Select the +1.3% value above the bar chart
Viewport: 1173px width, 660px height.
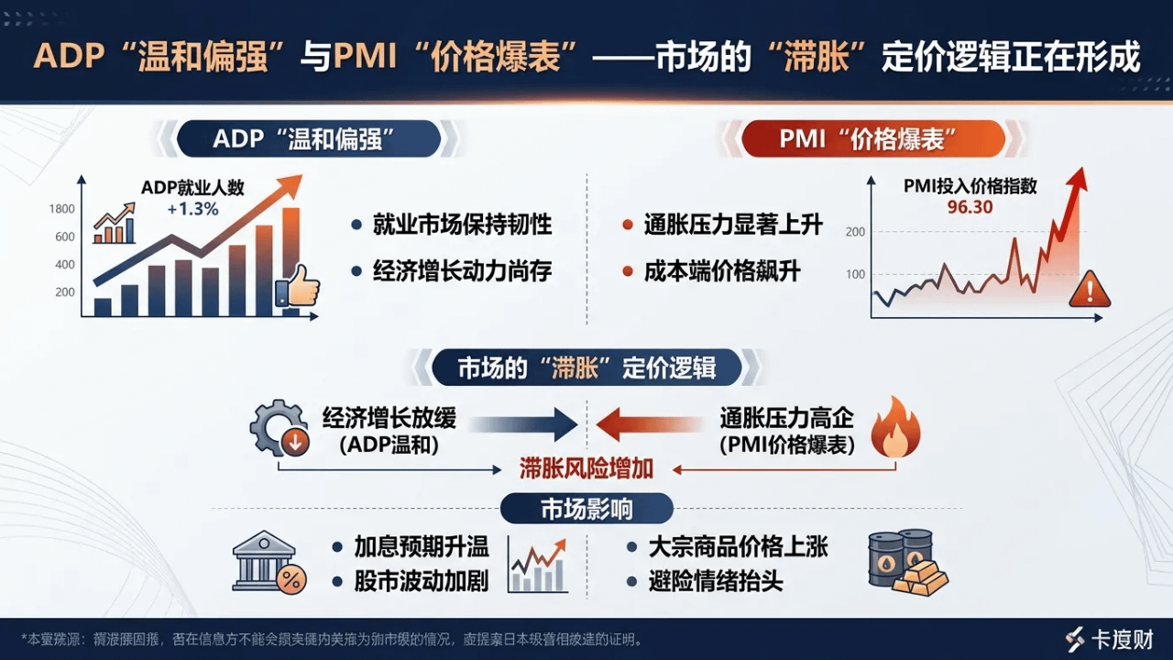tap(192, 208)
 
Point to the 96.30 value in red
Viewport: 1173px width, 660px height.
tap(970, 206)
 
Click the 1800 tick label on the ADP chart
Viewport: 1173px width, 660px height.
tap(62, 209)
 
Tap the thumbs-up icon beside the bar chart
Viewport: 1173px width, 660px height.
tap(298, 286)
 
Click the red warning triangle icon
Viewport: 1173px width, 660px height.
tap(1089, 289)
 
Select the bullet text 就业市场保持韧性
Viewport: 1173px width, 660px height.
tap(462, 225)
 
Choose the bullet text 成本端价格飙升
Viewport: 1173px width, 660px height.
tap(722, 272)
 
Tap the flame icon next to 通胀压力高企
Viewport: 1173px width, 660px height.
tap(894, 429)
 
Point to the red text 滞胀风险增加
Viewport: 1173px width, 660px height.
tap(586, 468)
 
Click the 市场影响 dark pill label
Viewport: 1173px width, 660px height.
tap(586, 509)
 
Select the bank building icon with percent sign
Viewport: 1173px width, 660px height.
tap(268, 562)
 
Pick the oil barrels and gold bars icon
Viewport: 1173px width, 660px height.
tap(905, 561)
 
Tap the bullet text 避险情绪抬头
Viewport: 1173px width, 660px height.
tap(716, 581)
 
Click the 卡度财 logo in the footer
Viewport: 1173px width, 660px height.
tap(1110, 639)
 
